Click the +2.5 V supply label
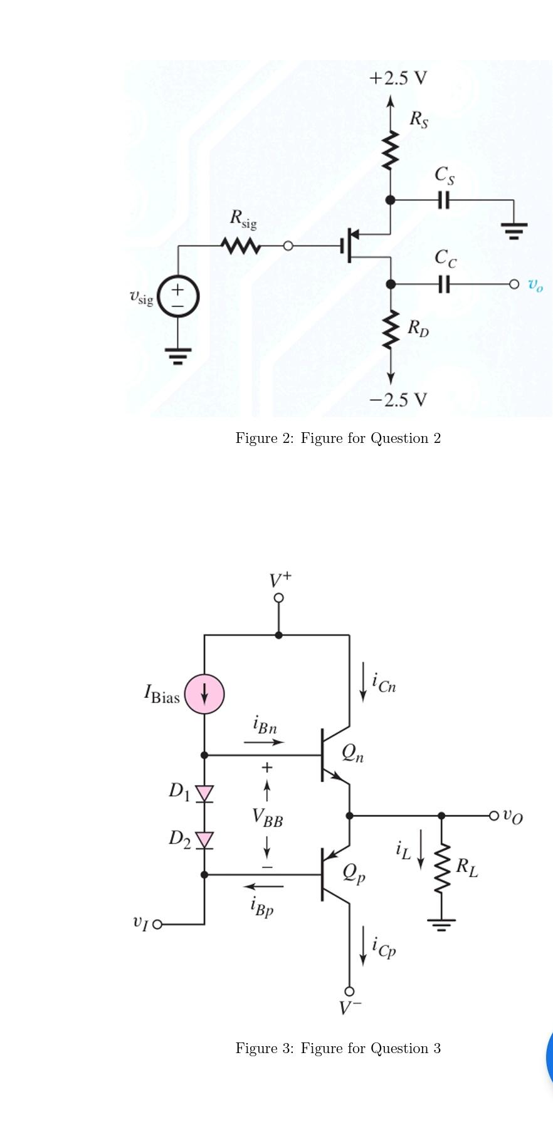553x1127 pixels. (x=398, y=78)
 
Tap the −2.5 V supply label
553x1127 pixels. (x=398, y=399)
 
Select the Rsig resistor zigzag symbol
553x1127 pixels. (x=241, y=246)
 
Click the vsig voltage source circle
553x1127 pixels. (x=178, y=296)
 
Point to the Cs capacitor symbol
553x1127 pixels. (x=443, y=200)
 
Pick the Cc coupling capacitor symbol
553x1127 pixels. (x=443, y=284)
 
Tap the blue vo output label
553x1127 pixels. (x=535, y=285)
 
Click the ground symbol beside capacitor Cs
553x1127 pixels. (x=513, y=229)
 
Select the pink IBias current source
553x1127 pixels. (x=204, y=694)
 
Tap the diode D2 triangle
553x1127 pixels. (x=204, y=840)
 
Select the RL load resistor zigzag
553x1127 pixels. (x=442, y=868)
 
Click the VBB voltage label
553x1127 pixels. (x=267, y=818)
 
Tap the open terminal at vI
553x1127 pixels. (x=157, y=924)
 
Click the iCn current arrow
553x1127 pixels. (x=362, y=686)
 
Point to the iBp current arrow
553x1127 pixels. (x=263, y=886)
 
